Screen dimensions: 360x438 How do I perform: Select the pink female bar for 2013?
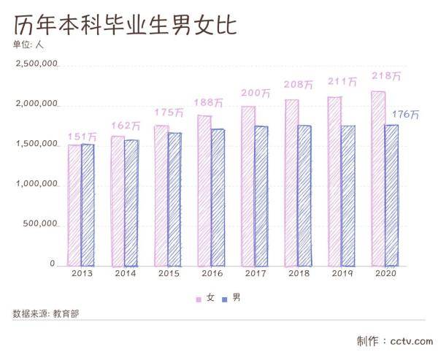click(74, 204)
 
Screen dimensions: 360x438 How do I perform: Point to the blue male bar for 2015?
click(174, 199)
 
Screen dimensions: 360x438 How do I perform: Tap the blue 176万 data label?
click(405, 115)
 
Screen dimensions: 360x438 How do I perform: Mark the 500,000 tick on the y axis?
click(39, 224)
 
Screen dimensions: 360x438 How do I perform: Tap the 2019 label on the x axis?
click(342, 273)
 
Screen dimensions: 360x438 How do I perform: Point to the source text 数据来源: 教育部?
click(45, 314)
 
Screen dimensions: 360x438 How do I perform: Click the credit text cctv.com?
click(412, 341)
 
